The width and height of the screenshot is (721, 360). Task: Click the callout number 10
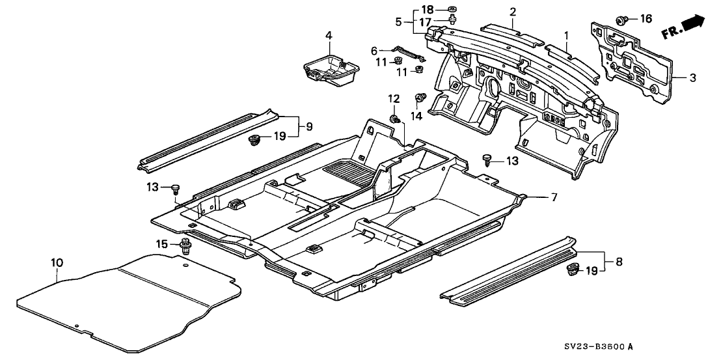coord(57,263)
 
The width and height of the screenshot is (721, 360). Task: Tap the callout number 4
coord(329,35)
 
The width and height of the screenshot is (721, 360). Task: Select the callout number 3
coord(692,77)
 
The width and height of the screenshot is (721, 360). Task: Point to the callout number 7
coord(554,197)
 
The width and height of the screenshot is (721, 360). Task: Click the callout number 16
coord(646,19)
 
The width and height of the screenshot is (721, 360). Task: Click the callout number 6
coord(374,50)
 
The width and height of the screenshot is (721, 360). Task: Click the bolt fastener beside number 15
coord(186,247)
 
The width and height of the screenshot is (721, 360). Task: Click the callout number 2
coord(513,12)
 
